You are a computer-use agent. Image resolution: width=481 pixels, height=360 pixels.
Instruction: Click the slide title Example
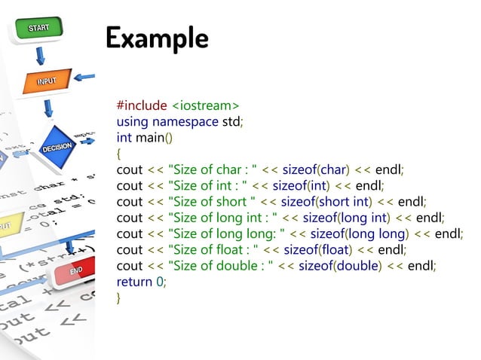pos(157,37)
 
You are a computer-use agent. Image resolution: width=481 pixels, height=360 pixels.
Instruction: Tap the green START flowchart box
pos(39,29)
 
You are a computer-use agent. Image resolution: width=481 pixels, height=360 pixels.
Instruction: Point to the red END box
pos(75,270)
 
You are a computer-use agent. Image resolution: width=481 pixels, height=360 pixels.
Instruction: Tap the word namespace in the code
pos(185,121)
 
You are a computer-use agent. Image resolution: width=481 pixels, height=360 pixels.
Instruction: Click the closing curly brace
pos(119,300)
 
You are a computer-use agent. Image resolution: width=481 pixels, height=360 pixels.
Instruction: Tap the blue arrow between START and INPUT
pos(40,55)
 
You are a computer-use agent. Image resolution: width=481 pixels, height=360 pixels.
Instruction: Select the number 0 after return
pos(159,282)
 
